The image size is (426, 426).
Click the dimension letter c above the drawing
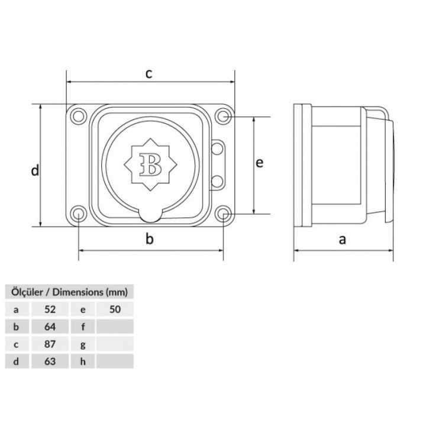[x=150, y=73]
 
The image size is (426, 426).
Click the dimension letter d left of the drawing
[x=35, y=171]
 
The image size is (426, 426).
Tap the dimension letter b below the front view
[x=150, y=239]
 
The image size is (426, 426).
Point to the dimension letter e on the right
[x=259, y=163]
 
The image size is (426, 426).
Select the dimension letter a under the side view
[x=342, y=240]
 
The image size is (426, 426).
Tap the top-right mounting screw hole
[x=223, y=116]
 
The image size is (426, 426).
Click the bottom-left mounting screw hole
[x=78, y=214]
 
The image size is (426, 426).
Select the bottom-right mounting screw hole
[x=223, y=214]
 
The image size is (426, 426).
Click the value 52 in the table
[x=50, y=309]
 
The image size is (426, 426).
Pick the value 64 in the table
[x=50, y=326]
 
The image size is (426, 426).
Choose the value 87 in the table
[x=50, y=343]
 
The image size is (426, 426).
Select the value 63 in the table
[x=50, y=360]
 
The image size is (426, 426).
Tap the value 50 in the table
[x=115, y=309]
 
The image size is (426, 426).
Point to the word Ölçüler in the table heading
[x=23, y=292]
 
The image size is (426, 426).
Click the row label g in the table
[x=83, y=343]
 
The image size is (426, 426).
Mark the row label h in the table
[x=83, y=360]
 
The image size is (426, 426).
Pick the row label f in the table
[x=83, y=326]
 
